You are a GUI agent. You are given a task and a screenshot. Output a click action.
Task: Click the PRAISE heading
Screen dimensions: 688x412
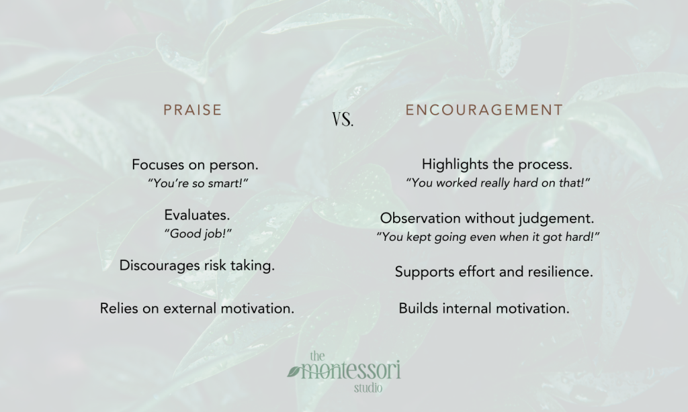(x=193, y=110)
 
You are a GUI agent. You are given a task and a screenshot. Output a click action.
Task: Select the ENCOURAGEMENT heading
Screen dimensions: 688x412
(x=484, y=110)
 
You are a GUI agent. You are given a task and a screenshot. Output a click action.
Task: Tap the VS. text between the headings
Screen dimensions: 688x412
(x=343, y=119)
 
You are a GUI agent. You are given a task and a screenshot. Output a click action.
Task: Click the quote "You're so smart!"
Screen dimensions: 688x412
(x=198, y=183)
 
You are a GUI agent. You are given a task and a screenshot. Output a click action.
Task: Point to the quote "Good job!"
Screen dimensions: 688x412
(x=198, y=233)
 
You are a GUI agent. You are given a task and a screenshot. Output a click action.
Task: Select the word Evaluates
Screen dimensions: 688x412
(x=197, y=215)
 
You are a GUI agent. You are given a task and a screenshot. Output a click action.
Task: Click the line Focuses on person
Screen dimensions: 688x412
(x=196, y=165)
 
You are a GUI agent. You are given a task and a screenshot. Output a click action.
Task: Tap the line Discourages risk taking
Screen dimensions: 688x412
(x=197, y=266)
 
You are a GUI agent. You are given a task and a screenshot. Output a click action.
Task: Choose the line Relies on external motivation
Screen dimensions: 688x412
(x=197, y=309)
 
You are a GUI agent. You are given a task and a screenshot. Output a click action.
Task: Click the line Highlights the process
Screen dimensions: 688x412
(x=497, y=164)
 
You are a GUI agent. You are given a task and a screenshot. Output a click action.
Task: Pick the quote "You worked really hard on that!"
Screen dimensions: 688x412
(x=498, y=183)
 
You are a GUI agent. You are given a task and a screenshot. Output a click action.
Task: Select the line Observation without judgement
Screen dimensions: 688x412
(x=487, y=218)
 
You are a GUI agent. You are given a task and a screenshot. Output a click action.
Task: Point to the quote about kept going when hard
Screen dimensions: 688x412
(x=488, y=237)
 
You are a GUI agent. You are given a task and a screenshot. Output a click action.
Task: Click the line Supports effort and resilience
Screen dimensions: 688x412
(x=494, y=272)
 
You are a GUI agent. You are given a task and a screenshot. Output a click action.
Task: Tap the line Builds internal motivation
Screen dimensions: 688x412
(x=484, y=309)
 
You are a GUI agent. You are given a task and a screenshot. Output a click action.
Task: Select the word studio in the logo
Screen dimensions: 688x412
(x=368, y=388)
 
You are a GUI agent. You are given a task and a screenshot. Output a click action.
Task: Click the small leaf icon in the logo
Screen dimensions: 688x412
(x=294, y=372)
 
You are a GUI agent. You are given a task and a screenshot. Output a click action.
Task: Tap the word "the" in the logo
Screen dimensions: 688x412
(x=317, y=356)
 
